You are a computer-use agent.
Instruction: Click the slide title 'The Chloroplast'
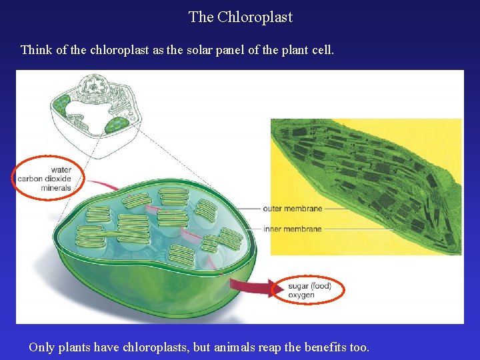240,17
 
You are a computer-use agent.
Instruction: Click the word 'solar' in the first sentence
189,50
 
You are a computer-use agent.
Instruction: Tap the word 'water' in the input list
61,169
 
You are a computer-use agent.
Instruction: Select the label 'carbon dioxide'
44,179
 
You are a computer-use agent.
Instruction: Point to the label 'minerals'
55,188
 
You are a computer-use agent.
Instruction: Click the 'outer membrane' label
292,209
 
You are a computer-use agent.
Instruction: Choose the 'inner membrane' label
292,229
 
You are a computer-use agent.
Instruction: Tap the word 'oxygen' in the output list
301,295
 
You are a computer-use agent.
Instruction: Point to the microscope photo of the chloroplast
365,187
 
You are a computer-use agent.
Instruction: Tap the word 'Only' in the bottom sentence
41,347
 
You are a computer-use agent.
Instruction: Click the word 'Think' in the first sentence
35,50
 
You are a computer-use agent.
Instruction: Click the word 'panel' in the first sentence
225,50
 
